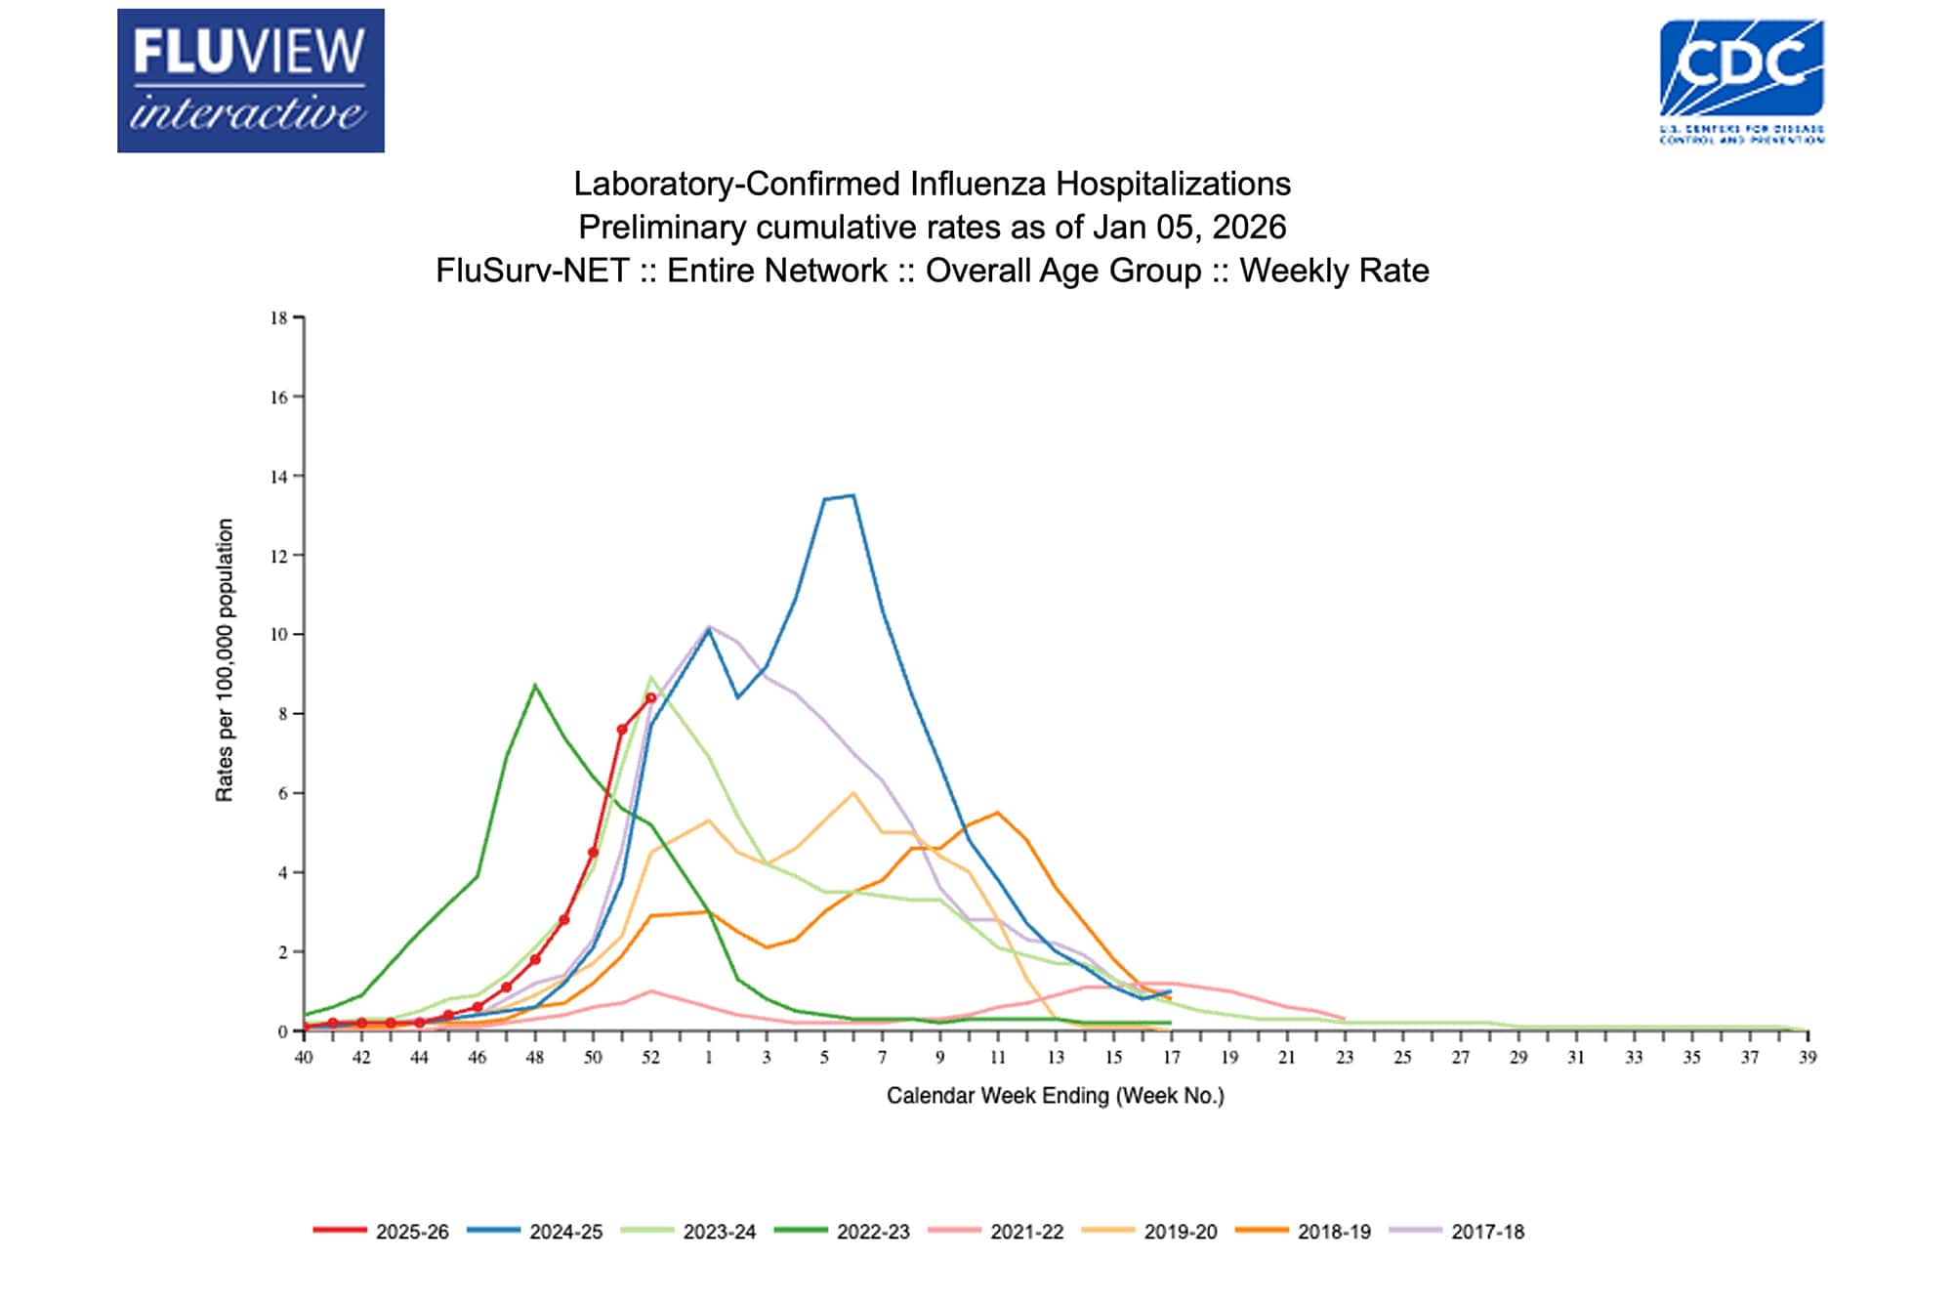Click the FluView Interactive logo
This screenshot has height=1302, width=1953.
coord(250,80)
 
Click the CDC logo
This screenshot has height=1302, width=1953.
coord(1741,80)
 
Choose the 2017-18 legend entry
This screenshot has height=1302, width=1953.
coord(1456,1232)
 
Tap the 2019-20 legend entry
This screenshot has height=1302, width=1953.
coord(1149,1232)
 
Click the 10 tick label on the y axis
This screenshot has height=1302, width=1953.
coord(279,635)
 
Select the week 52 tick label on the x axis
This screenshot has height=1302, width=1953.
coord(650,1057)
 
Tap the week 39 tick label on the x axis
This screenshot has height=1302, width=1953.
coord(1808,1057)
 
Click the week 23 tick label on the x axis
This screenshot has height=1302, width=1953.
coord(1345,1057)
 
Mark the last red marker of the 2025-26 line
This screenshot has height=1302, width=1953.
coord(651,697)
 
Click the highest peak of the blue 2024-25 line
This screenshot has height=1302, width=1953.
coord(853,495)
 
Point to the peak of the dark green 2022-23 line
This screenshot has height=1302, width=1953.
coord(534,685)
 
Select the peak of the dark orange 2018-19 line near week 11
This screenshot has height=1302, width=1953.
coord(997,813)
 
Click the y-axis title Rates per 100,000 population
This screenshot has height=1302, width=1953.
coord(225,660)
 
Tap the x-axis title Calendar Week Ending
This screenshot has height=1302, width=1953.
coord(1055,1096)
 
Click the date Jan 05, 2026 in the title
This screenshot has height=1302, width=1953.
coord(1188,227)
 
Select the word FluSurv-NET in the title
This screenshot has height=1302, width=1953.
coord(532,271)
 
